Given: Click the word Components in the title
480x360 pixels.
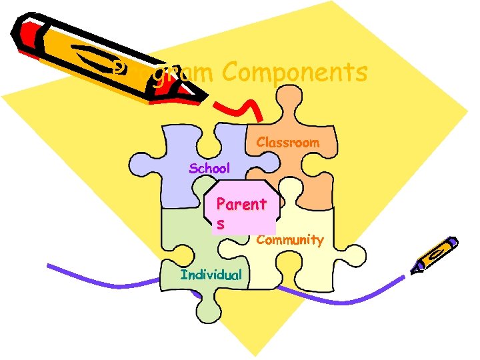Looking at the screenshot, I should (x=295, y=73).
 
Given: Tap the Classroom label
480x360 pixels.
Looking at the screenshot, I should (x=288, y=143).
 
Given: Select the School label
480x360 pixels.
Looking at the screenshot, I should (x=209, y=168).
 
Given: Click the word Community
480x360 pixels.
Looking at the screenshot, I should (x=290, y=240).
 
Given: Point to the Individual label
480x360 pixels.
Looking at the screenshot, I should (x=211, y=275).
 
